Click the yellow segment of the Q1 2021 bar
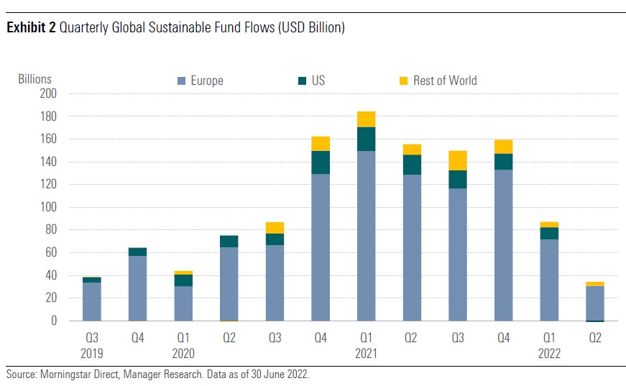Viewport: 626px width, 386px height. tap(366, 119)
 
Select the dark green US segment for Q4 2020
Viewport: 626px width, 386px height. tap(321, 162)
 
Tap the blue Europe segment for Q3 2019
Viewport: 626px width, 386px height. tap(91, 301)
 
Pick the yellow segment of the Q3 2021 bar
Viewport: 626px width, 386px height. tap(458, 160)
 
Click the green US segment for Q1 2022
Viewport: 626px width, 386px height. tap(549, 233)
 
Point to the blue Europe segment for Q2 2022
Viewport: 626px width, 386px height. tap(595, 303)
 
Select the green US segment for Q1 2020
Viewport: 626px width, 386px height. tap(183, 280)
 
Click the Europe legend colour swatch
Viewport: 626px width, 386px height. tap(182, 81)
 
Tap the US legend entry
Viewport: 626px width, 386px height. tap(318, 81)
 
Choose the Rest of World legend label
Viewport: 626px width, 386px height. tap(444, 81)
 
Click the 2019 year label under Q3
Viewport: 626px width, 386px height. tap(91, 354)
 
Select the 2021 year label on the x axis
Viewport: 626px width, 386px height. tap(365, 354)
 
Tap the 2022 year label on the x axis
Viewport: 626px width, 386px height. tap(549, 354)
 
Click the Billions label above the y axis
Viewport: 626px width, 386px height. tap(34, 79)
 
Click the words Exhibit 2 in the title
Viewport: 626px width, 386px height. tap(32, 28)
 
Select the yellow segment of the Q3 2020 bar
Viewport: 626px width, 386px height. tap(275, 228)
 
